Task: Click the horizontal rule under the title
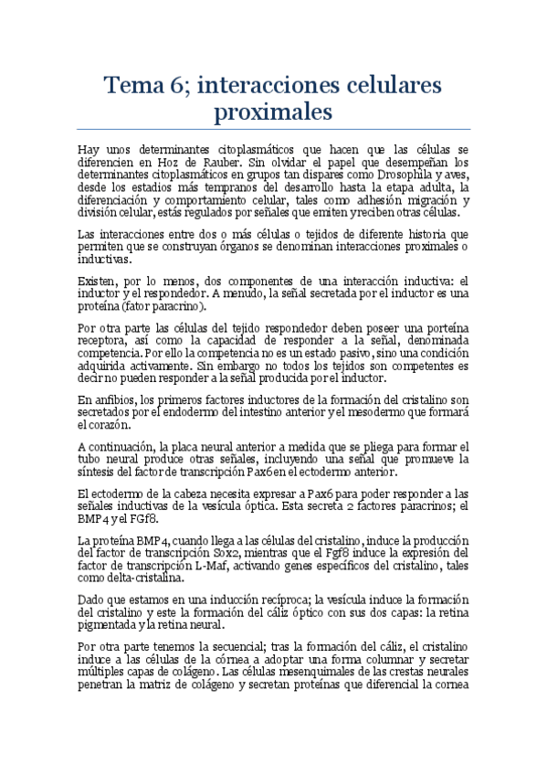(x=273, y=127)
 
